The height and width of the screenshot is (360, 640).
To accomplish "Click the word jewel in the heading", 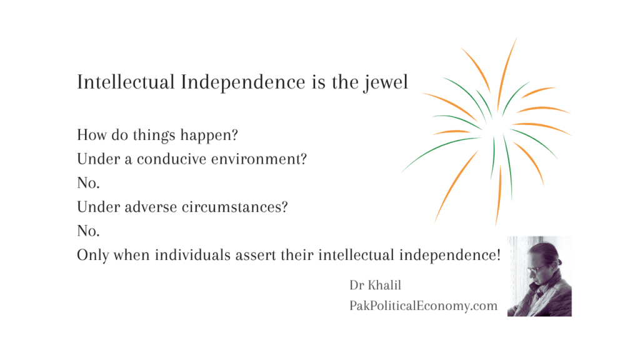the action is point(386,82).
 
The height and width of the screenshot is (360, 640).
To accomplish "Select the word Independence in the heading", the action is point(243,82).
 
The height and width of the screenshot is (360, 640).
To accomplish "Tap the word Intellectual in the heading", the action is point(126,82).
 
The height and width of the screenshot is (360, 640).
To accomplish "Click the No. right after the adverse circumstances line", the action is point(88,231).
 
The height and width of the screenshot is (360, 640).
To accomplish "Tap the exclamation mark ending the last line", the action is point(498,255).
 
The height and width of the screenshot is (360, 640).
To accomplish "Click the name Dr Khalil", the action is point(375,285).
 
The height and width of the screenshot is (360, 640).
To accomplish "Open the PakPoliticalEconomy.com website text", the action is point(423,306).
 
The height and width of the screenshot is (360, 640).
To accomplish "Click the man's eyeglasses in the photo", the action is point(535,269).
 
